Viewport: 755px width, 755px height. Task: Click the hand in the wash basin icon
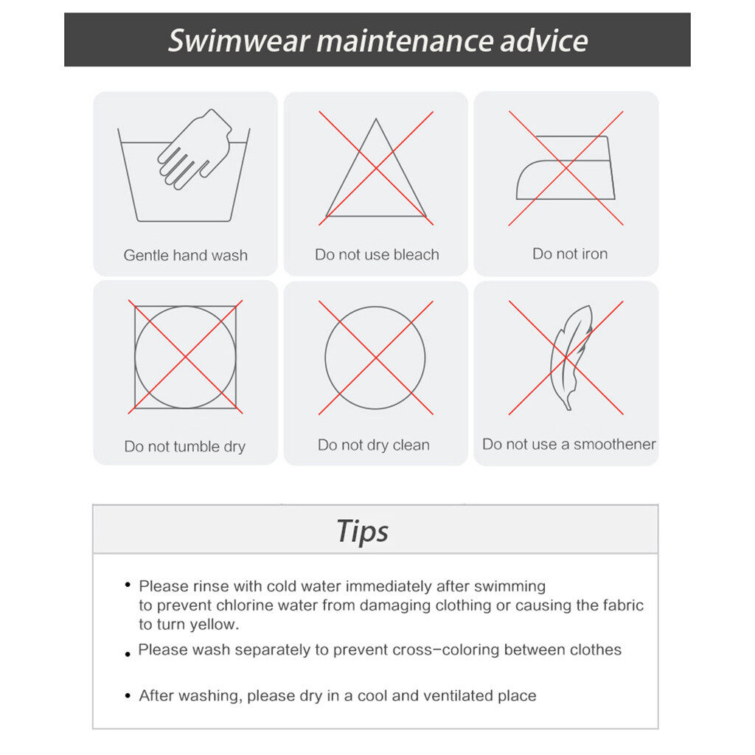pos(195,149)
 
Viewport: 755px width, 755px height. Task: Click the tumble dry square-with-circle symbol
pos(185,307)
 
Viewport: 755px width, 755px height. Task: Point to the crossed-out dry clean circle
pos(375,307)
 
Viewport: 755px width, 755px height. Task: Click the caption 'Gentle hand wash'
pos(185,254)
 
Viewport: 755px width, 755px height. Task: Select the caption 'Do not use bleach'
pos(377,254)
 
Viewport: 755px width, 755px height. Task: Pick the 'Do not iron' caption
pos(570,254)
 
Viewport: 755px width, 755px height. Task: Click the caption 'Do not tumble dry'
pos(185,446)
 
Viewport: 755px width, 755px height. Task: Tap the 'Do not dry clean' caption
pos(374,445)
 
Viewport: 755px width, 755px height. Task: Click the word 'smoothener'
pos(615,444)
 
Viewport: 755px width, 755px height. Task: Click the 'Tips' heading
pos(363,531)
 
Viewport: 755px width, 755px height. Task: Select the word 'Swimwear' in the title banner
pos(239,41)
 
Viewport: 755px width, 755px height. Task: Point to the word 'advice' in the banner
pos(544,41)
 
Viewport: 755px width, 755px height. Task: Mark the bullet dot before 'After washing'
pos(128,696)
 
